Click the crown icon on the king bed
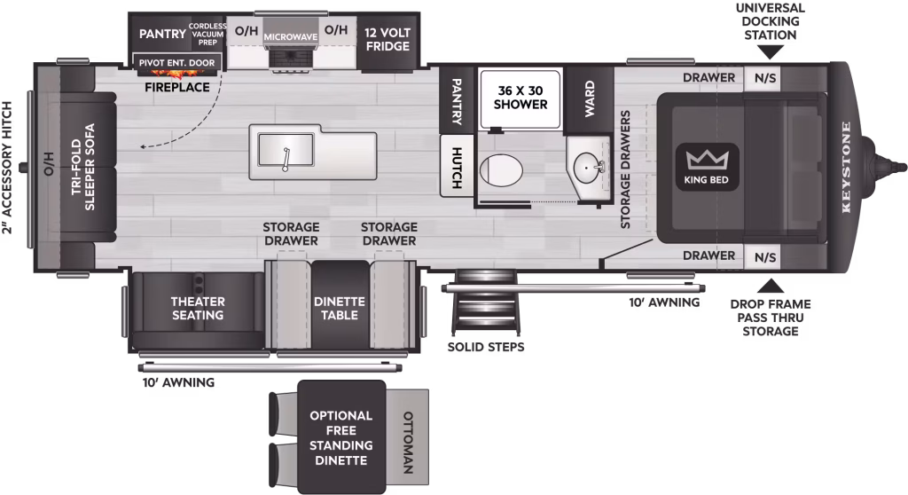click(x=707, y=160)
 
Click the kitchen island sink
click(x=286, y=149)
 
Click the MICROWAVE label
click(x=291, y=37)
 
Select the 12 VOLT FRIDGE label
click(x=387, y=39)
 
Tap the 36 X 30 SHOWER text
click(x=520, y=98)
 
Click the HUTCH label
click(x=457, y=168)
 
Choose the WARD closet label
click(x=589, y=98)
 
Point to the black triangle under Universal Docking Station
click(x=770, y=52)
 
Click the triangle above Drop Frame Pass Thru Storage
click(x=771, y=286)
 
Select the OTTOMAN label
click(x=408, y=443)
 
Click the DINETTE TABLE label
click(x=340, y=309)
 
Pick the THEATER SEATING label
click(x=198, y=309)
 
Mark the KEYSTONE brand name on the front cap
click(x=846, y=167)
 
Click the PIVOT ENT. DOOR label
click(x=176, y=63)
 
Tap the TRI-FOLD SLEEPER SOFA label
click(x=82, y=167)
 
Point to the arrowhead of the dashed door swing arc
click(x=143, y=146)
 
